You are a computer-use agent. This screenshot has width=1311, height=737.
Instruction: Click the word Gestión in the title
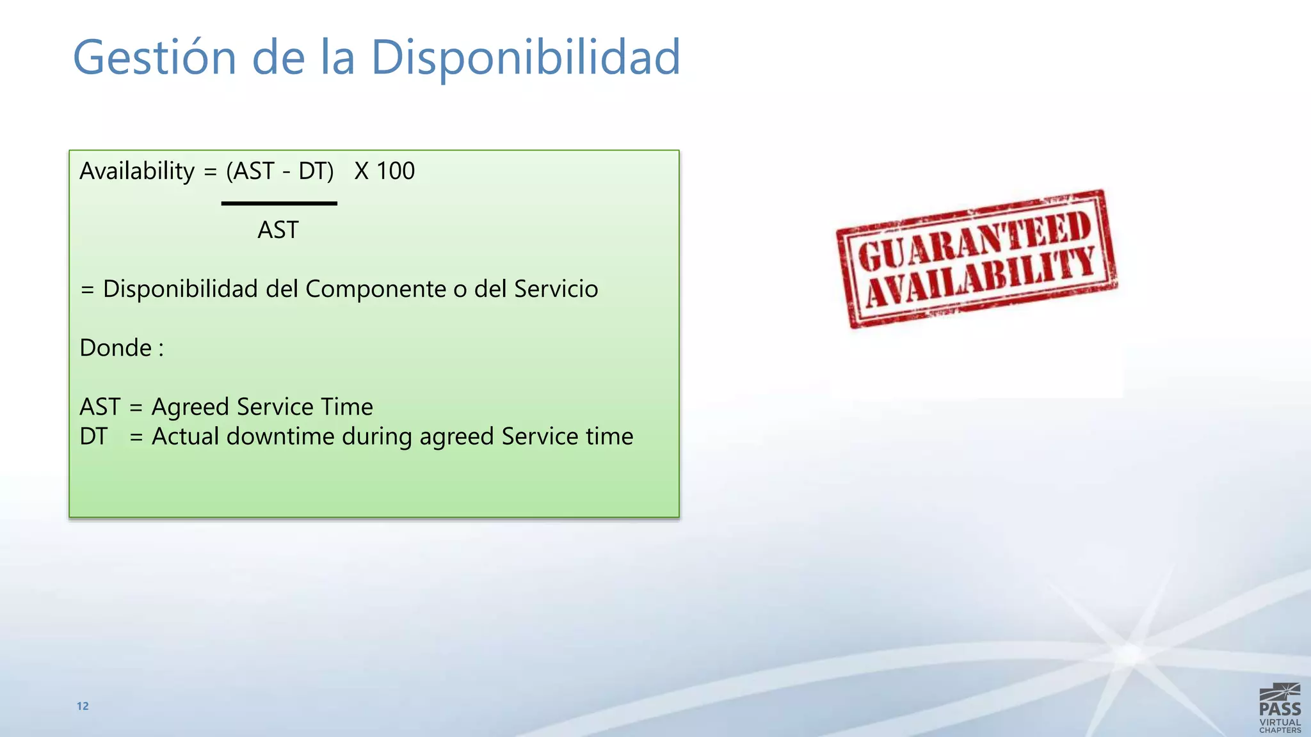pyautogui.click(x=154, y=58)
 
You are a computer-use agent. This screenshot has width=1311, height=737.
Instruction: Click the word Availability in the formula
pyautogui.click(x=137, y=171)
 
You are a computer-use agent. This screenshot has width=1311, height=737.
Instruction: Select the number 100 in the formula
pyautogui.click(x=396, y=171)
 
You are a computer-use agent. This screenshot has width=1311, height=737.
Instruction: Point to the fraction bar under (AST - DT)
pyautogui.click(x=279, y=203)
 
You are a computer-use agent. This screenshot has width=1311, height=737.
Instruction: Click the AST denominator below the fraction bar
pyautogui.click(x=278, y=230)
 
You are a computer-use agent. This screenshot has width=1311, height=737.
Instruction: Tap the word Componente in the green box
pyautogui.click(x=376, y=289)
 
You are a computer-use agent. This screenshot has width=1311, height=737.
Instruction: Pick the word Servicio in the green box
pyautogui.click(x=556, y=289)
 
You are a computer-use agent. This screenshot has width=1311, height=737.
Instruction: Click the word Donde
pyautogui.click(x=116, y=348)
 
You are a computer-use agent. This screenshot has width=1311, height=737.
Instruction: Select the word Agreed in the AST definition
pyautogui.click(x=190, y=408)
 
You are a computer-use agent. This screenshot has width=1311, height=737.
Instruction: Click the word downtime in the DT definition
pyautogui.click(x=280, y=436)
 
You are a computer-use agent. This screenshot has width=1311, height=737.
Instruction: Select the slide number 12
pyautogui.click(x=83, y=706)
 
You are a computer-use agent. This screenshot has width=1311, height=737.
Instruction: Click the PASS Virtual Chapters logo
pyautogui.click(x=1280, y=708)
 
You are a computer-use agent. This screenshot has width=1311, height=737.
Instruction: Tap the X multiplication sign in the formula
pyautogui.click(x=362, y=171)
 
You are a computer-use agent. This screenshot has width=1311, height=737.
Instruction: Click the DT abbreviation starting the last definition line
pyautogui.click(x=93, y=436)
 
